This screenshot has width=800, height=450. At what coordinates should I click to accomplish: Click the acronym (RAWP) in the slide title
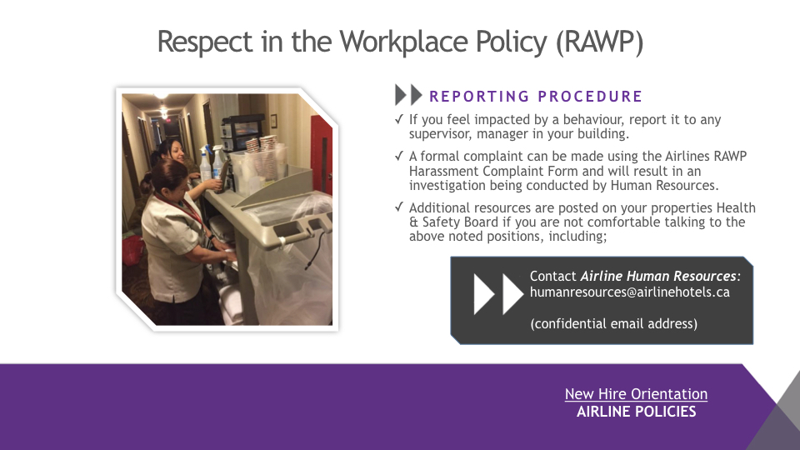(x=599, y=42)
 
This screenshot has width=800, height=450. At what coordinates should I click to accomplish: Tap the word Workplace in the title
(x=403, y=42)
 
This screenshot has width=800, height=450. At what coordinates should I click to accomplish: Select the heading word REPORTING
(x=480, y=97)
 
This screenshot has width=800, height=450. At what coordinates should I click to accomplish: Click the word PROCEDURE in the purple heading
(x=590, y=97)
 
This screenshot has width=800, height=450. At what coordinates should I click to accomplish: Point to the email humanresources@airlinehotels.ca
(x=630, y=292)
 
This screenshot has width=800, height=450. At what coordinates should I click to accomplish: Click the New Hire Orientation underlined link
(x=636, y=394)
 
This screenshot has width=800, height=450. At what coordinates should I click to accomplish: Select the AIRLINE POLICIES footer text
(x=636, y=412)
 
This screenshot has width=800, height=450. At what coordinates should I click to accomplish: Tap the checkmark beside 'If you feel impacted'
(x=399, y=119)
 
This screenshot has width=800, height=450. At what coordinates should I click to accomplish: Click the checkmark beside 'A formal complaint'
(x=399, y=156)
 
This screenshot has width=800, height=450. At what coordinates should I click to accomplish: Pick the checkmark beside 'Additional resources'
(x=399, y=207)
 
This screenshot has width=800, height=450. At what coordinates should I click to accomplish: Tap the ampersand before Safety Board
(x=413, y=222)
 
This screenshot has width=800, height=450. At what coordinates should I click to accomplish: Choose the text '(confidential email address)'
(x=614, y=323)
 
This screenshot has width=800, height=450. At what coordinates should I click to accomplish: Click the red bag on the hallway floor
(x=132, y=251)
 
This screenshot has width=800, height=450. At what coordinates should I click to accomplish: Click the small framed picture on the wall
(x=274, y=120)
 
